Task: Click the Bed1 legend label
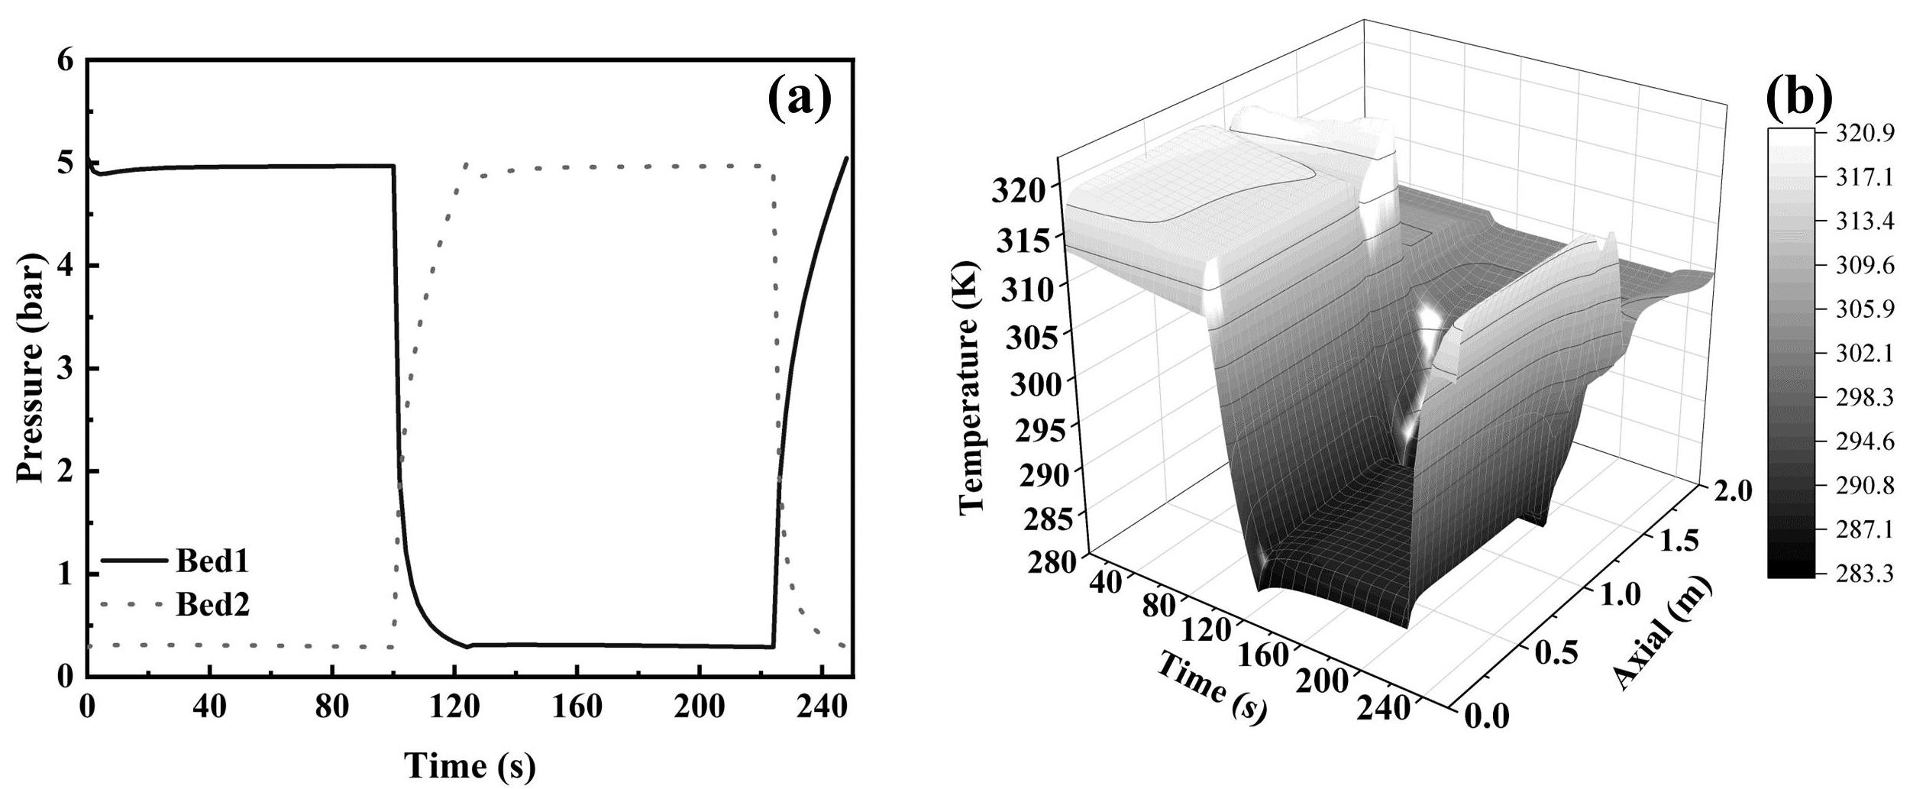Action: click(213, 562)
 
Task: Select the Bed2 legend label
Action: click(213, 606)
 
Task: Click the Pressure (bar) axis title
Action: click(30, 368)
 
